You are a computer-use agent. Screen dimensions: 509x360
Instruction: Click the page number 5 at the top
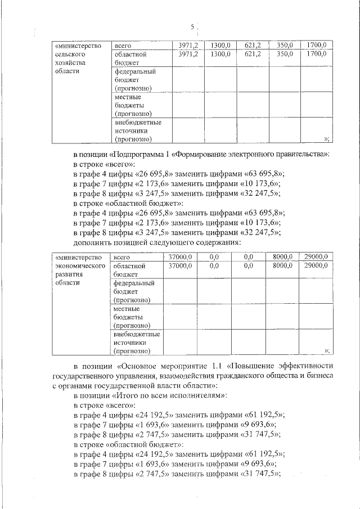192,27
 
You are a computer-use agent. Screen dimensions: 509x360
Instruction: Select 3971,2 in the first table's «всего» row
188,45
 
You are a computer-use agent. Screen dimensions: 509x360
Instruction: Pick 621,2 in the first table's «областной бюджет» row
253,54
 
